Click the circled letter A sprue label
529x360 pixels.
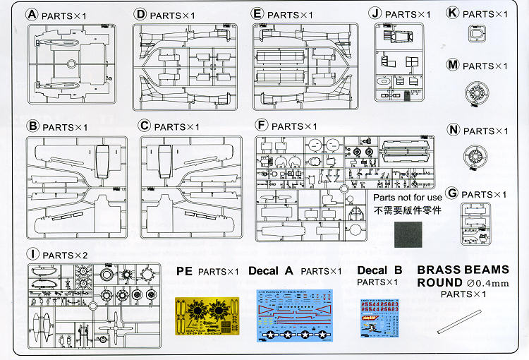point(32,14)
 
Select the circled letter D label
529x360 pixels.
point(140,14)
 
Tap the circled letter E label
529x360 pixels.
point(257,14)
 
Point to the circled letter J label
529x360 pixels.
point(375,14)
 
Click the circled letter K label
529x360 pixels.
point(453,13)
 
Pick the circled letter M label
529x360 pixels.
point(453,65)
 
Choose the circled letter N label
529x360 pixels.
point(453,131)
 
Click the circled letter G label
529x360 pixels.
point(453,193)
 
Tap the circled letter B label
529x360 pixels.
point(32,126)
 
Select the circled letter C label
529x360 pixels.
point(145,126)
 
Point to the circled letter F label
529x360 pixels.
point(262,126)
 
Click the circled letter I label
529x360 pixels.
point(32,253)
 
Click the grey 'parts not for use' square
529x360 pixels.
point(408,235)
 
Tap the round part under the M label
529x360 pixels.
point(477,92)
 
